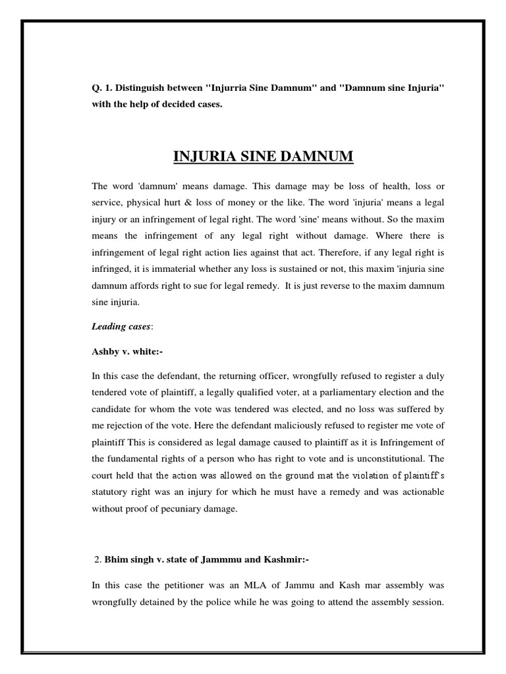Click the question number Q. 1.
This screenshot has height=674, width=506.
[x=102, y=88]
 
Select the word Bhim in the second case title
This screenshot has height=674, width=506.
[x=113, y=560]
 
